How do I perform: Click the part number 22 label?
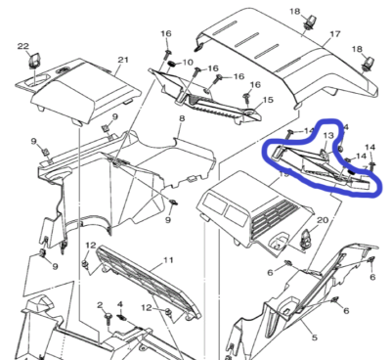point(23,45)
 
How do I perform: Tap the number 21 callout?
point(123,61)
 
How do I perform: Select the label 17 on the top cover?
point(334,34)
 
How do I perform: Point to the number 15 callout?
point(268,99)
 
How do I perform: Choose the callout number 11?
point(168,260)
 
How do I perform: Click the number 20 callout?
point(323,221)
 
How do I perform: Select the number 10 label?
point(188,62)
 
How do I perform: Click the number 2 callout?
point(100,305)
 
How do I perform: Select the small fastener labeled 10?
point(169,65)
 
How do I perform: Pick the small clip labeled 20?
point(306,235)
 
